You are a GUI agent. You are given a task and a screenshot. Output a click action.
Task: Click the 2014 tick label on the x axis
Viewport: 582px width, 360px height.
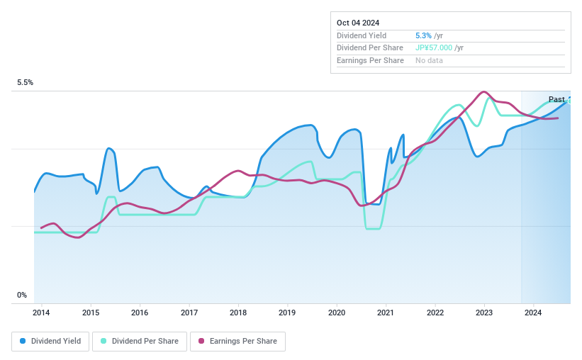click(x=41, y=313)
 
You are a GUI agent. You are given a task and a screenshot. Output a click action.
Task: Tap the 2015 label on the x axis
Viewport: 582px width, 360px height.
click(x=91, y=313)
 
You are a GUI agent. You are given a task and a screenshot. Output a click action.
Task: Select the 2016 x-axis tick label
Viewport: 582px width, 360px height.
click(x=140, y=313)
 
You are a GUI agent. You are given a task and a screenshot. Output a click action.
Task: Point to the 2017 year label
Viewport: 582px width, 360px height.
click(x=189, y=313)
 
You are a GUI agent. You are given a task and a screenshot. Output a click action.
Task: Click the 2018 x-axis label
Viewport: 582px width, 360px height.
click(x=238, y=313)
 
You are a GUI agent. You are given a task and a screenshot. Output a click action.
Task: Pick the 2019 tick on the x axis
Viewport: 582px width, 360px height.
click(x=287, y=313)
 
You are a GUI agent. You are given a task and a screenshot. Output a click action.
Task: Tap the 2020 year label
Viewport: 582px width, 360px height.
click(x=337, y=313)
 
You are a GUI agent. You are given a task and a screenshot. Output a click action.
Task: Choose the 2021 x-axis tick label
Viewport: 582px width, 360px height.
click(x=386, y=313)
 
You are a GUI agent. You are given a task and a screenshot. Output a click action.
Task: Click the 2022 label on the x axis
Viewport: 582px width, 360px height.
click(x=435, y=313)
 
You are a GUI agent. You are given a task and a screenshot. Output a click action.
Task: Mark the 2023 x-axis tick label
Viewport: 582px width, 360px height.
click(x=484, y=313)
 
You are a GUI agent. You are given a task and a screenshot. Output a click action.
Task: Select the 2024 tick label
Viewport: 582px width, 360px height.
click(x=533, y=313)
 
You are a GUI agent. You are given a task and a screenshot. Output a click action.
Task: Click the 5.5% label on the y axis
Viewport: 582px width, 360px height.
click(x=26, y=83)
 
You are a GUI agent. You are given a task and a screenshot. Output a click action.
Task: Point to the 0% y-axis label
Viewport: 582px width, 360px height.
click(x=22, y=296)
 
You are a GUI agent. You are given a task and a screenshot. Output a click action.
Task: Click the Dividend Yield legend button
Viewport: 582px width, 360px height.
click(x=50, y=342)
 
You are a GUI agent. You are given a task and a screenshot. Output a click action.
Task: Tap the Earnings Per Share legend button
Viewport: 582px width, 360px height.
click(x=237, y=342)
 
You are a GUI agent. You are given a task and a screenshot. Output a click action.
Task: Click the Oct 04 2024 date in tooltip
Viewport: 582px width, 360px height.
click(x=358, y=23)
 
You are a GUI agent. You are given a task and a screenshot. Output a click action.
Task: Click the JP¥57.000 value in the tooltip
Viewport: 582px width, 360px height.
click(x=434, y=47)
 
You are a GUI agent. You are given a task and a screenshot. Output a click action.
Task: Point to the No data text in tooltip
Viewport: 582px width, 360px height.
click(x=430, y=60)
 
